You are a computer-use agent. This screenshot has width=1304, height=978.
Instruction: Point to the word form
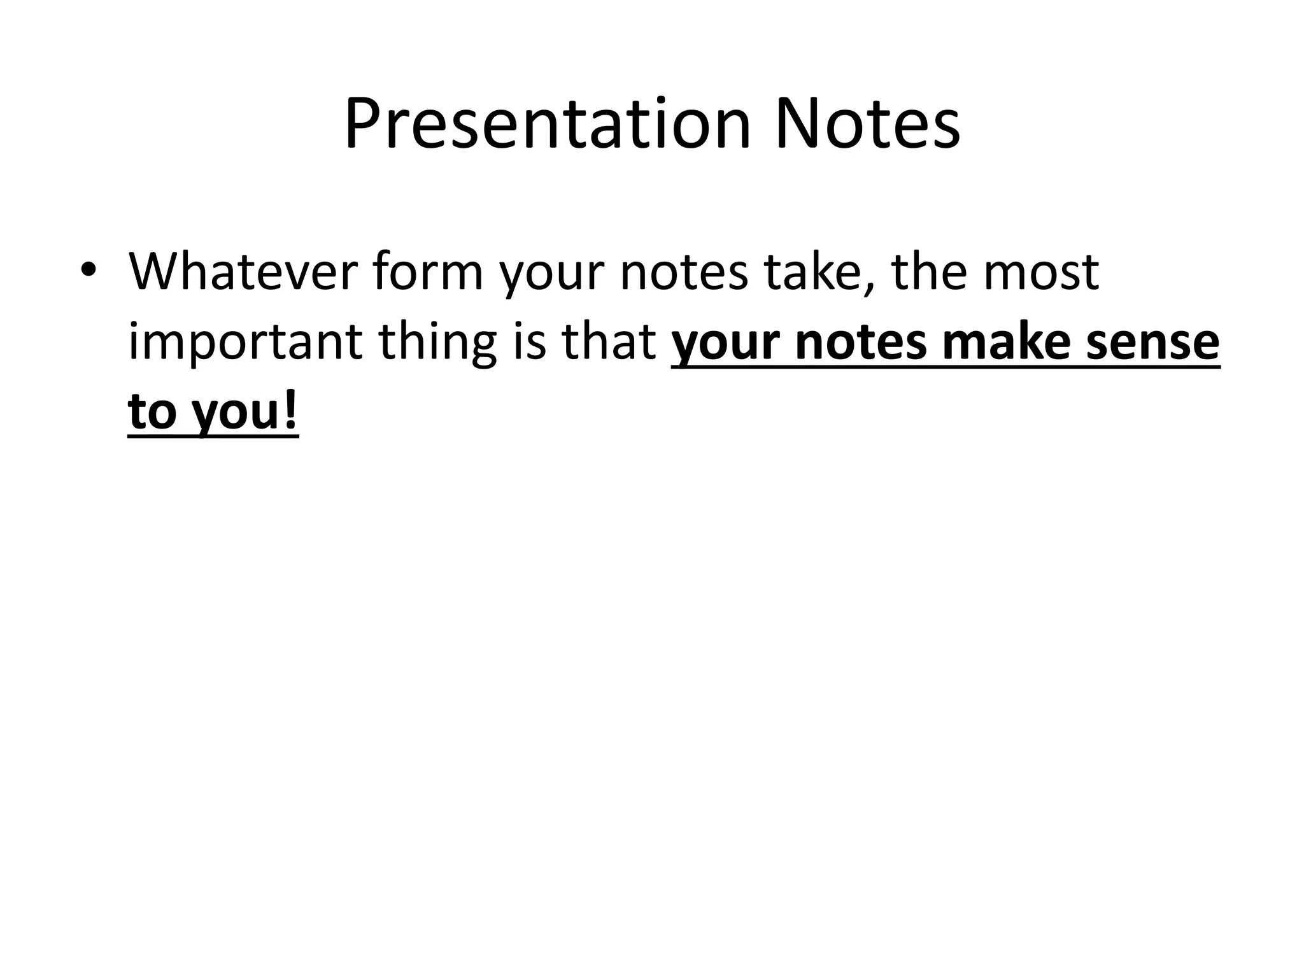[428, 272]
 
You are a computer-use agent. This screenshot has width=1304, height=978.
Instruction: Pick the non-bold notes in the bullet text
[684, 272]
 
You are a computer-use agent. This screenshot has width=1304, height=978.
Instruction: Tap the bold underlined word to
[153, 413]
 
